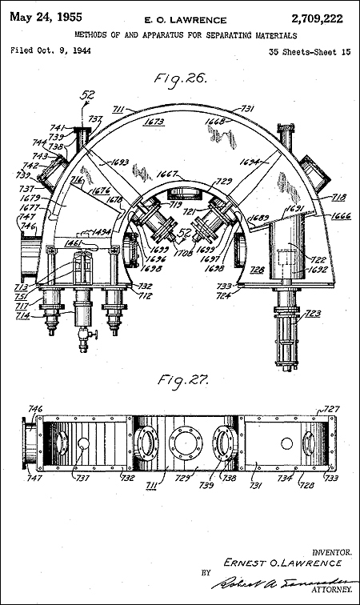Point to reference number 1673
[x=154, y=122]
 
